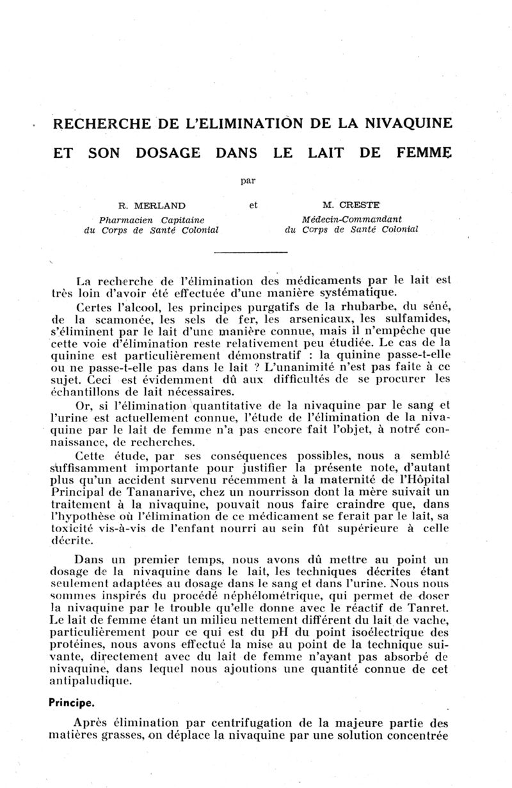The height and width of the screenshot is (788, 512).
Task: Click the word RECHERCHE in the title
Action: pos(105,123)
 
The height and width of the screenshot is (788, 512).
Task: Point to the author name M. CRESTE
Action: pos(351,206)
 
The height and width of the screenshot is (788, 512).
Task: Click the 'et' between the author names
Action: pos(253,206)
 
